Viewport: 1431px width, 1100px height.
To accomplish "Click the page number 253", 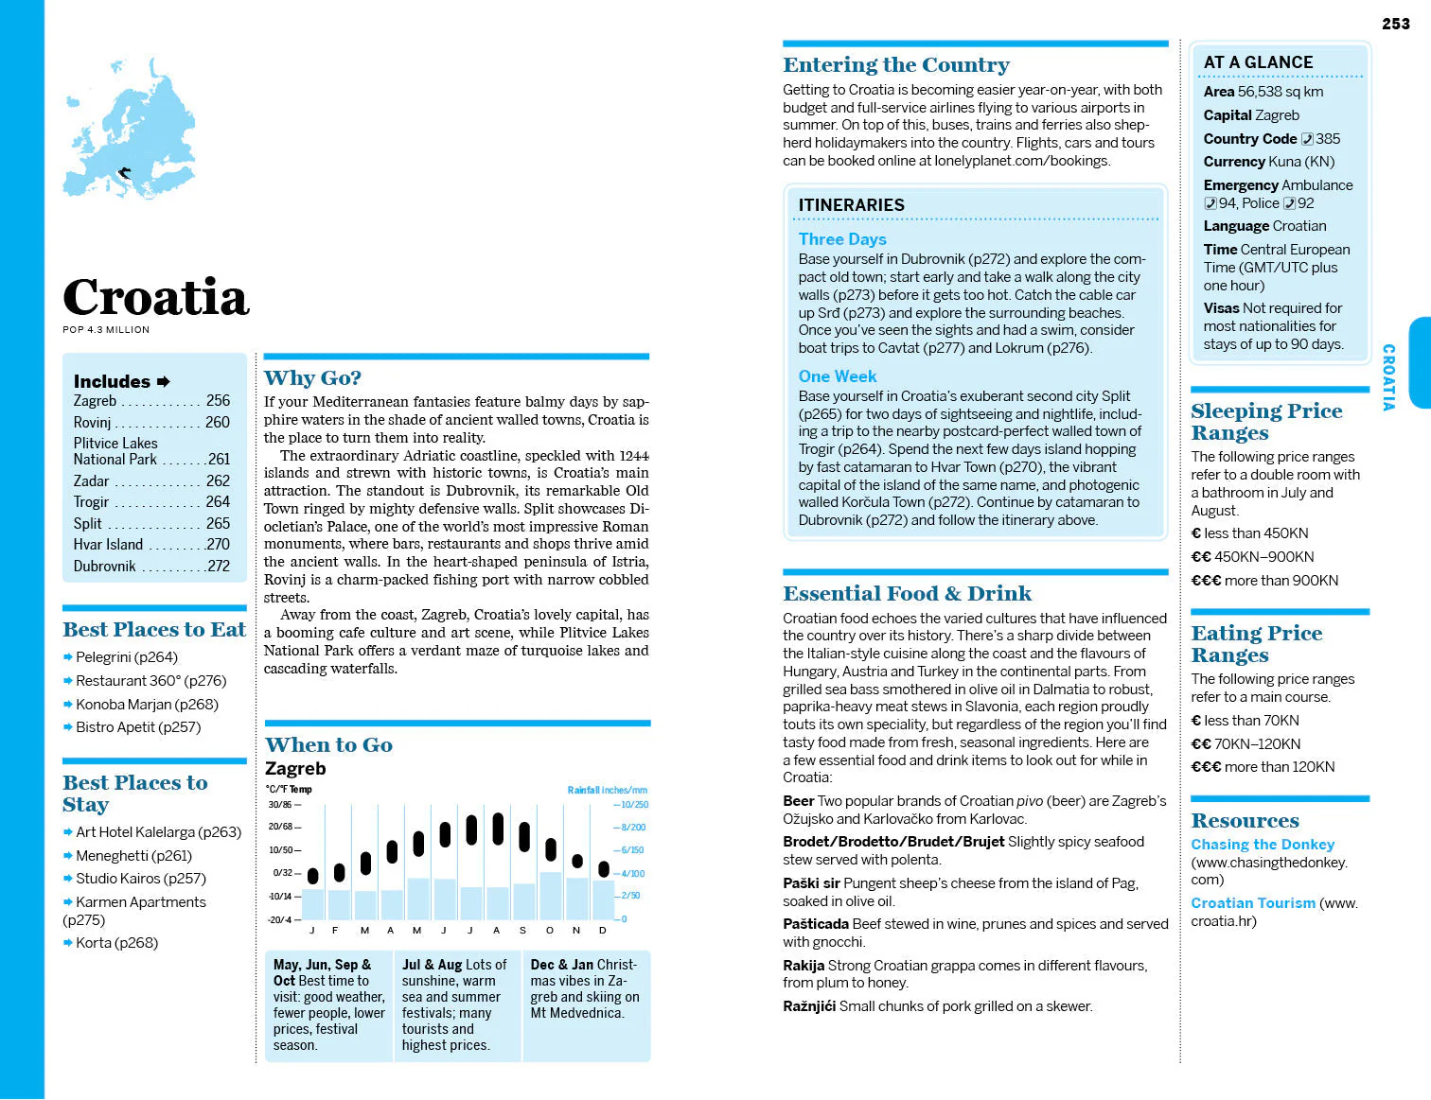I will point(1395,24).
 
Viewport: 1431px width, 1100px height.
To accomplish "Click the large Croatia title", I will point(156,298).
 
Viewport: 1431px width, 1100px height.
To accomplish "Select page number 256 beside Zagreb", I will point(218,401).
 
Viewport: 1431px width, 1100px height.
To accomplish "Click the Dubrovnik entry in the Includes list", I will point(105,567).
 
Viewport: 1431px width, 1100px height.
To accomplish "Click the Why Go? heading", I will point(312,378).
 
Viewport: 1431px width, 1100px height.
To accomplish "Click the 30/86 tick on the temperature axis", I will point(281,805).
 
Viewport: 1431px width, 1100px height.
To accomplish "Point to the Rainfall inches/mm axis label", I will point(607,790).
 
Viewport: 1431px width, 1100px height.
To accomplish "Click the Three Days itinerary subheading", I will point(842,239).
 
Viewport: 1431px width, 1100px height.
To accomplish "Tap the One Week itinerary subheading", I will point(838,376).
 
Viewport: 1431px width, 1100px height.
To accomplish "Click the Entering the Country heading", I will point(895,65).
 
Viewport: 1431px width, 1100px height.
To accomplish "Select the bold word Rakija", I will point(804,966).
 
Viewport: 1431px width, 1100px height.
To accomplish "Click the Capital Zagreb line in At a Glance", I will point(1251,115).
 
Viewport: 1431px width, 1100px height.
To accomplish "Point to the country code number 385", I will point(1327,139).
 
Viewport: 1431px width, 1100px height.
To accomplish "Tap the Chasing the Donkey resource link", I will point(1263,845).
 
